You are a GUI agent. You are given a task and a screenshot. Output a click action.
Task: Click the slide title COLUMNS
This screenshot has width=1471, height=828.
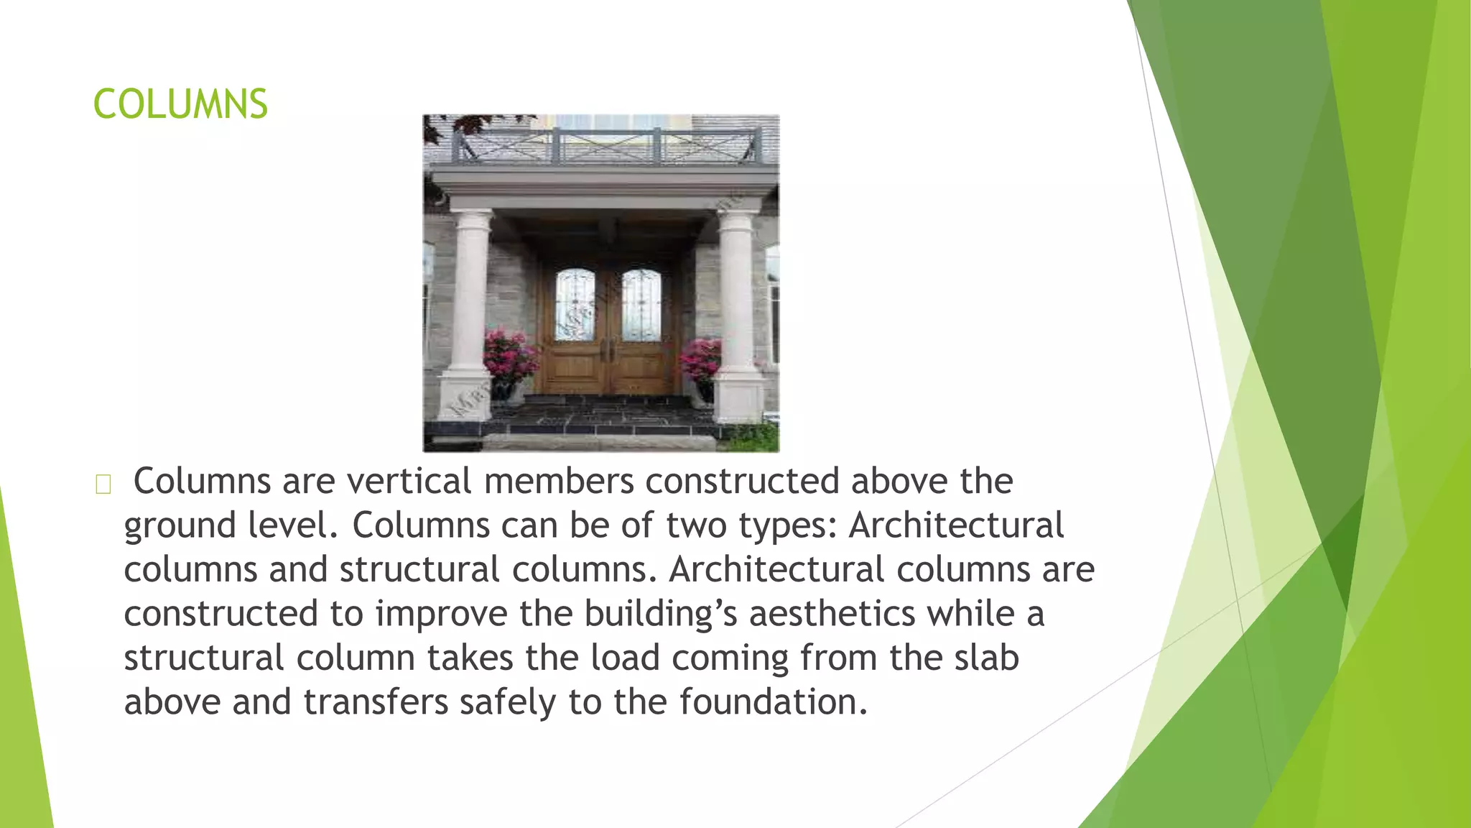(180, 104)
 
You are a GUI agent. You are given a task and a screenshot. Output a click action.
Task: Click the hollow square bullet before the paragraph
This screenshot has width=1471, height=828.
(103, 485)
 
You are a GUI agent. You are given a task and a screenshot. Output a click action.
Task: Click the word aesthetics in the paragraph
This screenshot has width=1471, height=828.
(832, 614)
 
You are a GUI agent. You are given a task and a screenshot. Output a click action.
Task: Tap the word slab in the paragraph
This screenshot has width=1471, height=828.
(986, 658)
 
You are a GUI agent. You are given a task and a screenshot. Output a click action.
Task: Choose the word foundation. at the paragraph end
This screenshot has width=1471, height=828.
(774, 702)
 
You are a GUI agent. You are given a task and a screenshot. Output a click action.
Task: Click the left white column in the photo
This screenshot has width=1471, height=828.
(470, 295)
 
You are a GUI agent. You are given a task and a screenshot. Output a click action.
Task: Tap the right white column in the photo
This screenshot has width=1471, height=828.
(737, 295)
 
